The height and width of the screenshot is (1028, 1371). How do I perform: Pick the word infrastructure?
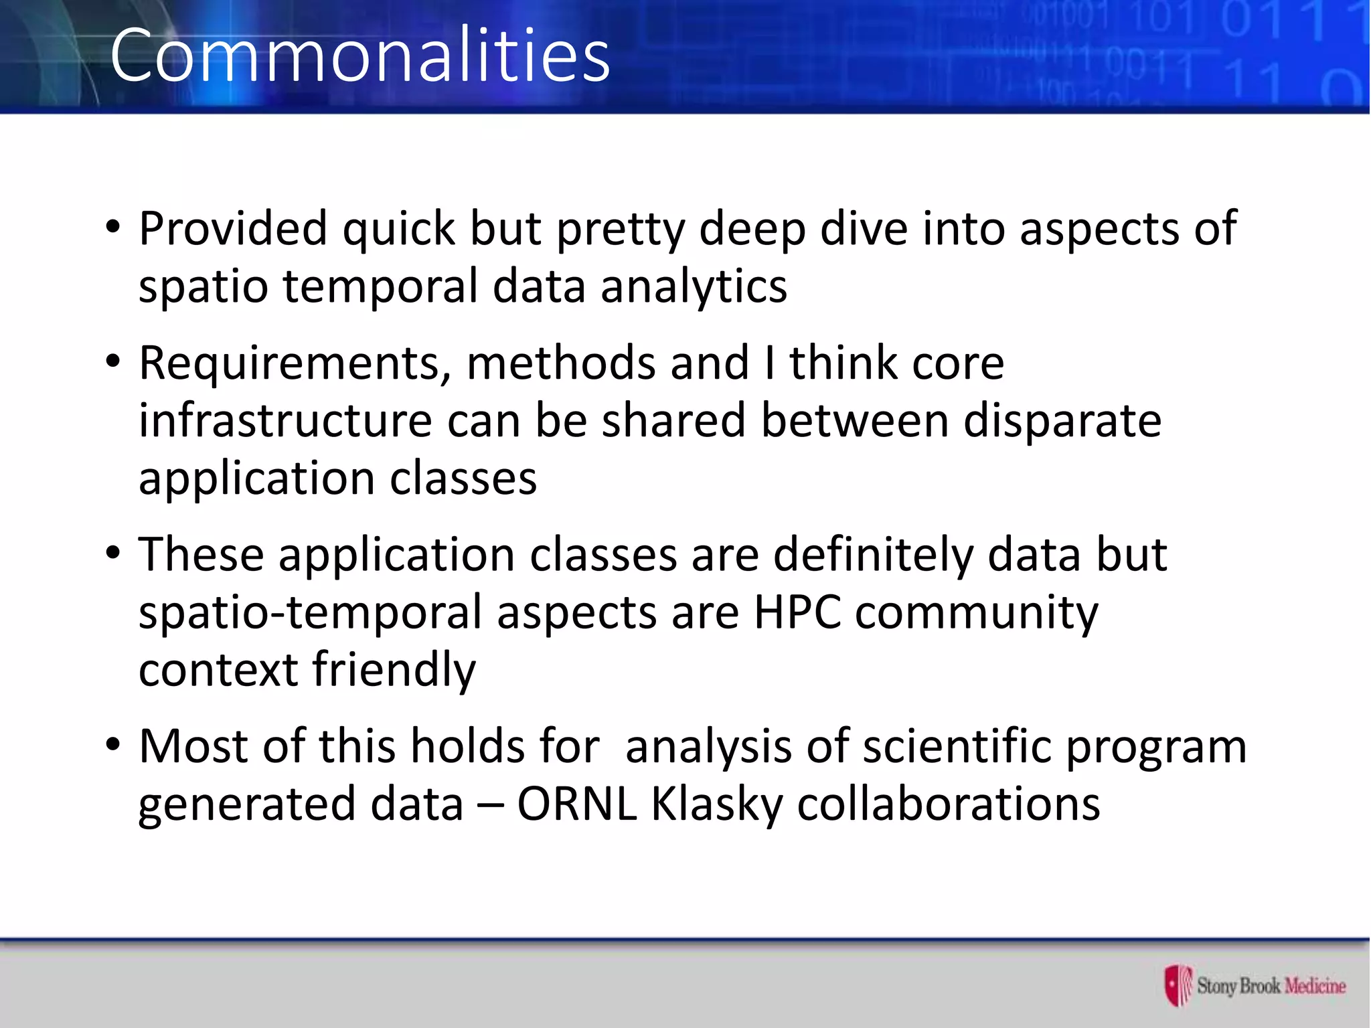click(285, 422)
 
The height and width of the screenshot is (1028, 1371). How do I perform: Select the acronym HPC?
click(797, 612)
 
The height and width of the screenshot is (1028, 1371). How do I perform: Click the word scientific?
click(957, 746)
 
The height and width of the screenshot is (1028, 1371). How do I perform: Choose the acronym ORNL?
click(576, 804)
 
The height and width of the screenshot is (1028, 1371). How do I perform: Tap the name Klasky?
click(716, 805)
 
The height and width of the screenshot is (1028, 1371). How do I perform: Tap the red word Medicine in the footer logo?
click(1315, 986)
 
